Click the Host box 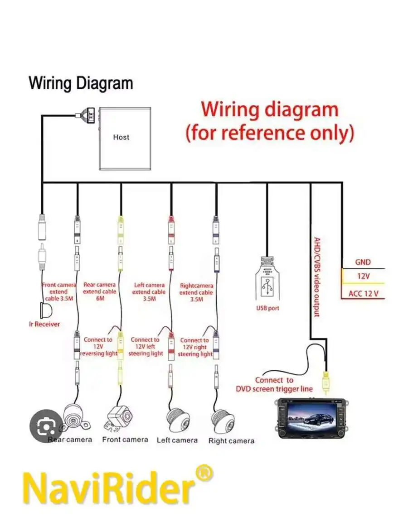pyautogui.click(x=125, y=139)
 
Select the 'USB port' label pyautogui.click(x=267, y=309)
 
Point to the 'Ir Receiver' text pyautogui.click(x=44, y=324)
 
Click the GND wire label pyautogui.click(x=363, y=262)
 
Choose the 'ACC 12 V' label pyautogui.click(x=363, y=294)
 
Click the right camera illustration pyautogui.click(x=225, y=419)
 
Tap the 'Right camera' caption pyautogui.click(x=231, y=440)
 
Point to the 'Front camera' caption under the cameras pyautogui.click(x=125, y=440)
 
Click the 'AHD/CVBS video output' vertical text pyautogui.click(x=318, y=277)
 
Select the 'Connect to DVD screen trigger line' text pyautogui.click(x=274, y=384)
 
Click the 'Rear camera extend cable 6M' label pyautogui.click(x=99, y=292)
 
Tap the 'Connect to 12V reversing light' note pyautogui.click(x=99, y=346)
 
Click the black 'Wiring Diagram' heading pyautogui.click(x=81, y=83)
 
